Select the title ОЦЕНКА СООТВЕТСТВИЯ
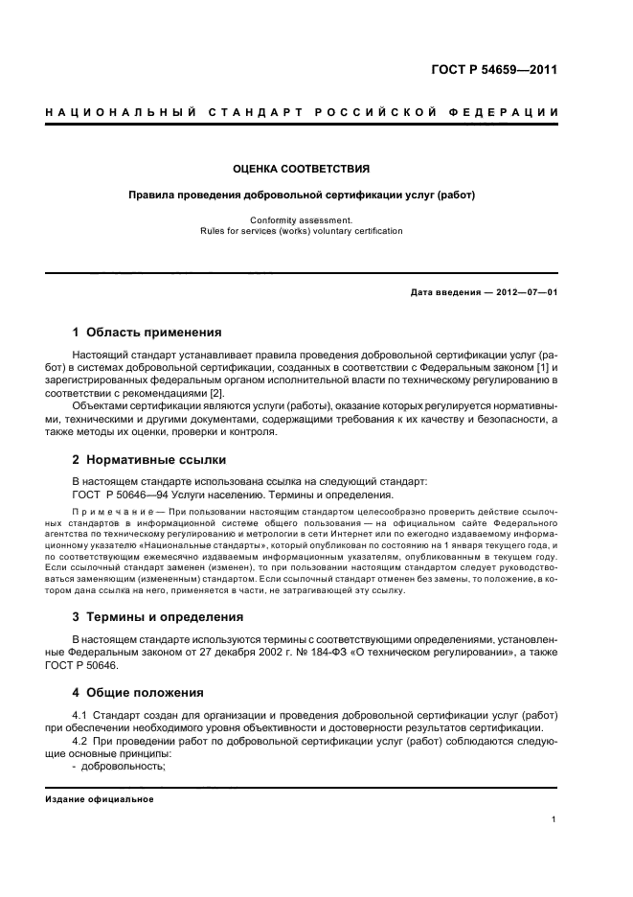[x=302, y=169]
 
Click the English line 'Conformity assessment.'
[x=302, y=219]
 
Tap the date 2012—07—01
[x=524, y=292]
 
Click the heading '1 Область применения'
[x=147, y=333]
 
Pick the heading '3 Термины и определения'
[x=157, y=616]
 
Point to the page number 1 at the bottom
[x=554, y=818]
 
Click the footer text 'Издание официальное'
[x=100, y=798]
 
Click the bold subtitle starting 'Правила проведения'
[x=302, y=195]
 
